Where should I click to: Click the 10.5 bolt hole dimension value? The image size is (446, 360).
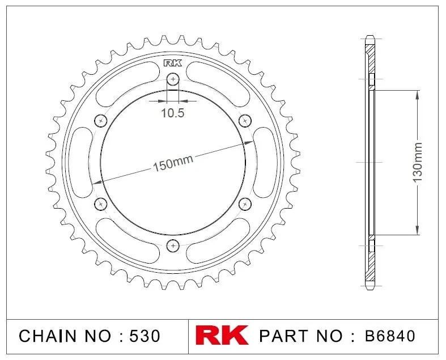[x=173, y=113]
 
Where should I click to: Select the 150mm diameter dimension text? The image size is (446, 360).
[x=173, y=163]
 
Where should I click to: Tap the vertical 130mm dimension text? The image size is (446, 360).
[x=418, y=163]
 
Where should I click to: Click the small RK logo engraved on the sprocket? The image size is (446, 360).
[x=173, y=63]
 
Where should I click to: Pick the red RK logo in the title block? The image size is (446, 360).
[x=222, y=335]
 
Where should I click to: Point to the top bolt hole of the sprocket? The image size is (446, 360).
[x=173, y=79]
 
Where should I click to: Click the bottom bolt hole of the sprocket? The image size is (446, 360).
[x=173, y=245]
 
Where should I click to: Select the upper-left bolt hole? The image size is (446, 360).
[x=101, y=121]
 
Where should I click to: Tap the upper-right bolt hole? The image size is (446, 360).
[x=245, y=121]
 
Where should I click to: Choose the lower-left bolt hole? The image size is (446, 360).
[x=101, y=204]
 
